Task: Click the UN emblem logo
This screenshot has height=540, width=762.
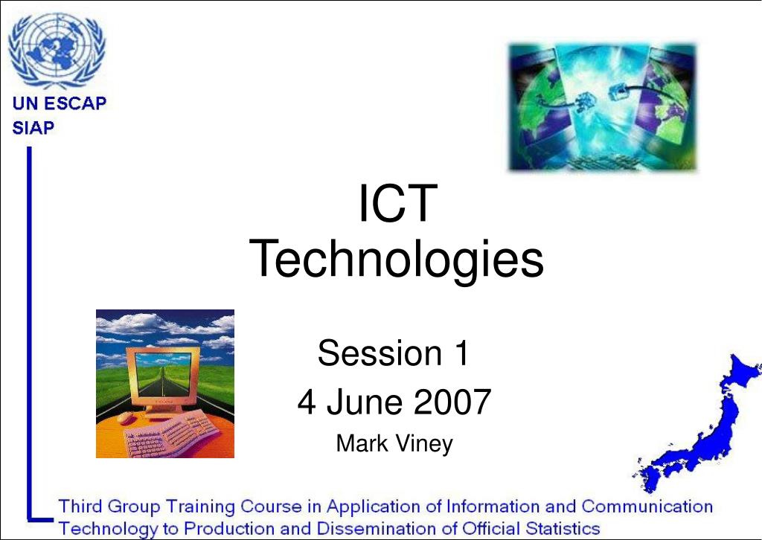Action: point(57,51)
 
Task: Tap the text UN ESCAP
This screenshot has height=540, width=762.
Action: point(60,103)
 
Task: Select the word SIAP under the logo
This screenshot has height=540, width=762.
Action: point(33,128)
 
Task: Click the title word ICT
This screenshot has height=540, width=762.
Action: point(398,203)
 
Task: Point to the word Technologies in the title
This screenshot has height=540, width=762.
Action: point(396,260)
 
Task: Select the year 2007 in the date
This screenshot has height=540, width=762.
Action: point(452,402)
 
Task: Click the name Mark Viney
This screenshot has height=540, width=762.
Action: point(394,443)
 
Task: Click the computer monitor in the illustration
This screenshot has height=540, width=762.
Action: point(163,379)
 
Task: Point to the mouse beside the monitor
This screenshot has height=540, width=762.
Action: point(127,417)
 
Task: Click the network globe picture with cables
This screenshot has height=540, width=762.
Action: point(602,107)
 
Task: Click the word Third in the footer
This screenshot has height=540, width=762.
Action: point(80,506)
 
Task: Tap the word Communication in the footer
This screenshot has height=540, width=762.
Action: point(647,506)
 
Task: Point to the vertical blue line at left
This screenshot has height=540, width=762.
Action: point(29,332)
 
